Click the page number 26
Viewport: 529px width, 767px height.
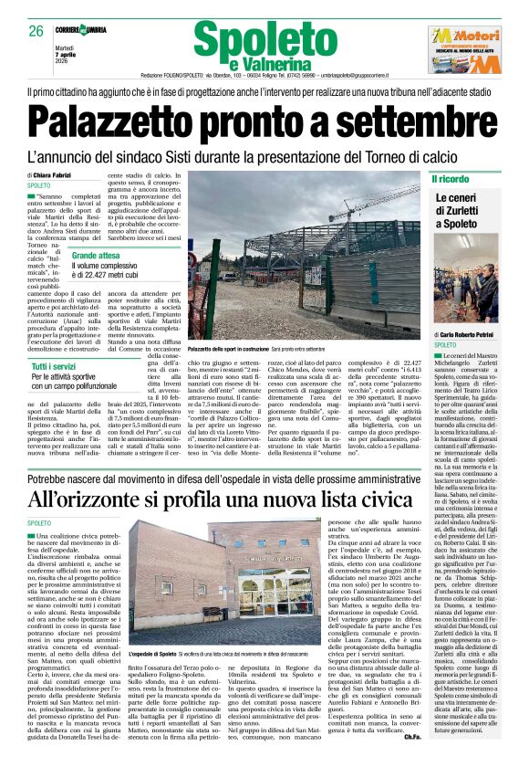coord(36,32)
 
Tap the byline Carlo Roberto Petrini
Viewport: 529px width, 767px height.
coord(474,335)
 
